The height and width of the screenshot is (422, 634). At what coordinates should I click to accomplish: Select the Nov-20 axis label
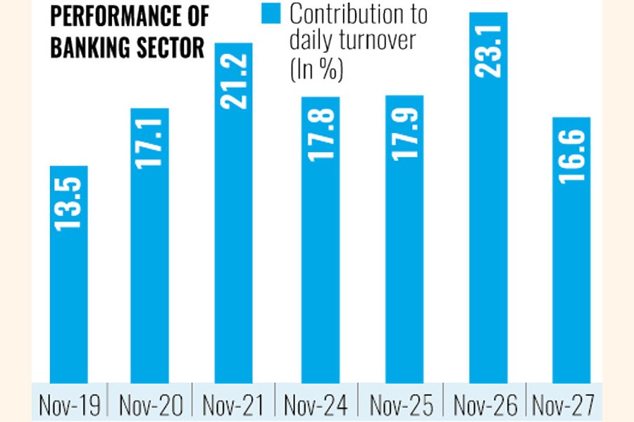coord(151,406)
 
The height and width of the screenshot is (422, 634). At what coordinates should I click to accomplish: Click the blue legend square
coord(273,13)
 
